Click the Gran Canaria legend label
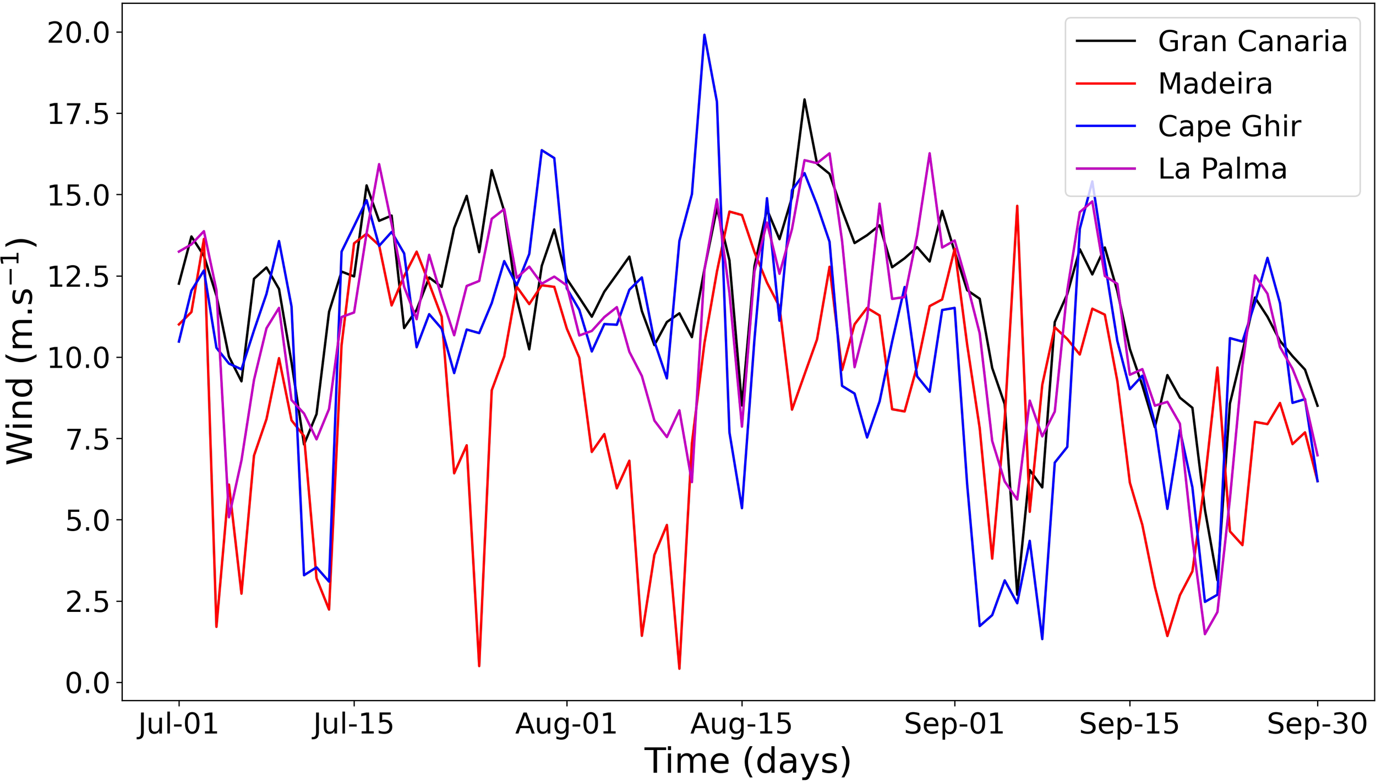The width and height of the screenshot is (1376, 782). click(1252, 41)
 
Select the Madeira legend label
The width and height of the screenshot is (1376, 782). click(1215, 84)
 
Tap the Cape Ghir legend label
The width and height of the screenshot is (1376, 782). click(1229, 126)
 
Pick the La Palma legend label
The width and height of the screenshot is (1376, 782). click(1222, 168)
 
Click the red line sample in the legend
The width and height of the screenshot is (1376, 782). click(1105, 84)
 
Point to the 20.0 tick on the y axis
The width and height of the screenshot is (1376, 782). click(79, 32)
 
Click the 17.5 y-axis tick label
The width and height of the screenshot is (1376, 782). click(79, 114)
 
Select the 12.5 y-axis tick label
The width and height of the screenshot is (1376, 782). click(79, 276)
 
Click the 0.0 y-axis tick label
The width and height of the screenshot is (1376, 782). click(88, 683)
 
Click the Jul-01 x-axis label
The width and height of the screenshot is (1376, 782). click(178, 724)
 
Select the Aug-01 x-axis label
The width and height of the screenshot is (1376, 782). click(566, 724)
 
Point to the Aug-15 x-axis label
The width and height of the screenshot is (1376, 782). click(741, 724)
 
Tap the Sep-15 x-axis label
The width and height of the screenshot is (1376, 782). click(1129, 724)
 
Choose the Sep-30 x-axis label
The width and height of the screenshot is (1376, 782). click(1317, 724)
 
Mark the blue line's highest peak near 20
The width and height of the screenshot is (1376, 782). click(704, 35)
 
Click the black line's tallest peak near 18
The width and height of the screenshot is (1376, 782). click(804, 100)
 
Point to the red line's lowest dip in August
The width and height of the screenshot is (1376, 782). click(679, 668)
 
